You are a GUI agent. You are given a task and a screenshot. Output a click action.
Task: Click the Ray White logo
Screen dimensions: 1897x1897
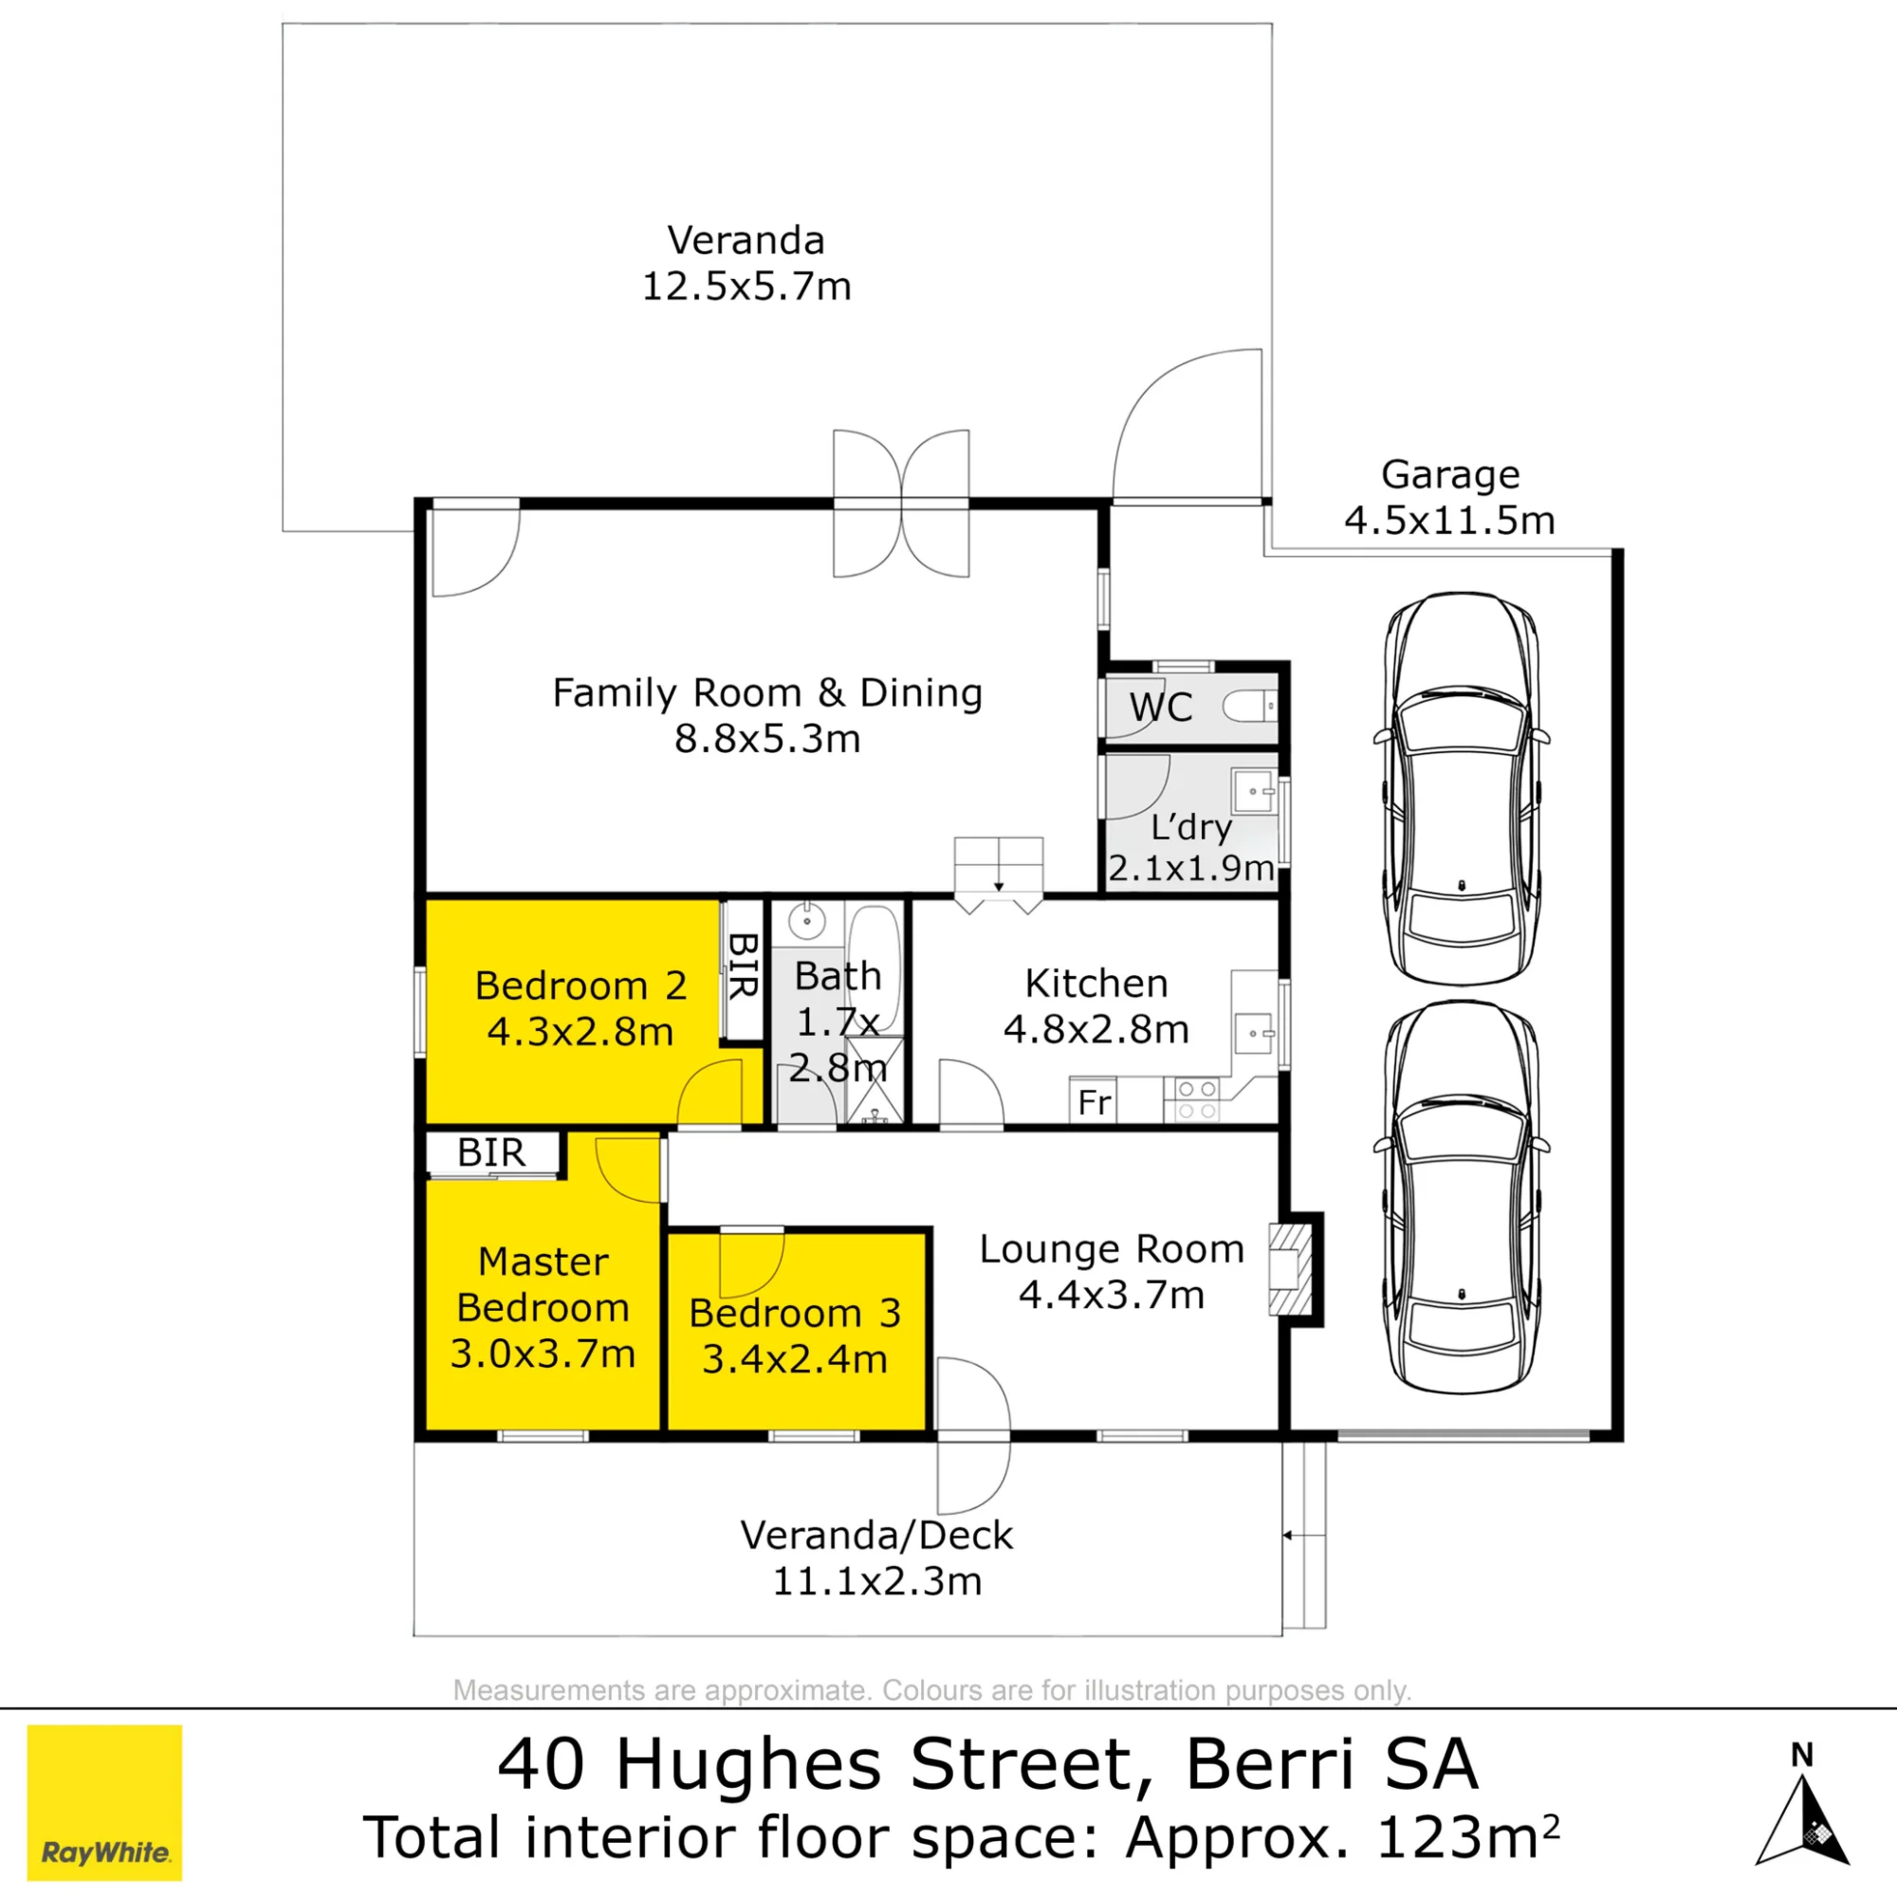(104, 1803)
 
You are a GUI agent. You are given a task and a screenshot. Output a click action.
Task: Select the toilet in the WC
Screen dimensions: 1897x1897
(1250, 706)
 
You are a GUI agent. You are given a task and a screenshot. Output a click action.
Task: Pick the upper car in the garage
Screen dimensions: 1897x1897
(1461, 787)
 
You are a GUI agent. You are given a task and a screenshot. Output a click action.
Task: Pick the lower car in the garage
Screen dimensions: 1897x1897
(1461, 1197)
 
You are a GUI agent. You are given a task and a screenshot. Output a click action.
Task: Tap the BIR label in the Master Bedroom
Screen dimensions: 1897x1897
(491, 1152)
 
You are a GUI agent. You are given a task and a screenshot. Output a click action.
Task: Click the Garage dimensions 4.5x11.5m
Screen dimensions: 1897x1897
(1449, 521)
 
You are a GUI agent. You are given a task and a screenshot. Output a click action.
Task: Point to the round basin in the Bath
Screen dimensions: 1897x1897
(806, 922)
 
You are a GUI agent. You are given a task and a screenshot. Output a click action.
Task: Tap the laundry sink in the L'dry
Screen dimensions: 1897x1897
(1254, 790)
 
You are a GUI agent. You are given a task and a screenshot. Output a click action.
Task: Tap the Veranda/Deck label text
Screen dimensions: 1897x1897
(875, 1536)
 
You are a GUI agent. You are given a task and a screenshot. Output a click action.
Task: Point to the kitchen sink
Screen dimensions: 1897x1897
(1254, 1033)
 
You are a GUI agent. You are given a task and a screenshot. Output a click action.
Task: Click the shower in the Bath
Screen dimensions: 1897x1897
(875, 1080)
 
